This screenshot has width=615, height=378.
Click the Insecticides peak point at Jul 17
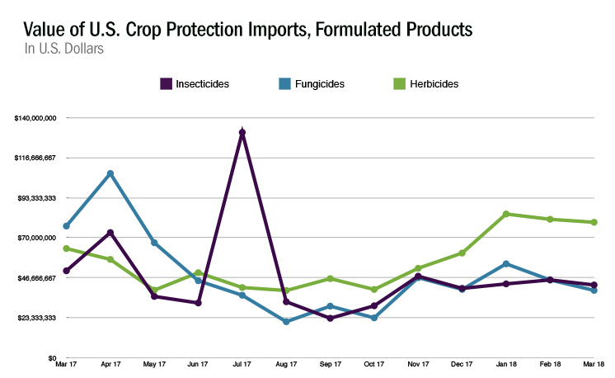coord(242,132)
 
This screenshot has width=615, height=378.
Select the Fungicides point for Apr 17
coord(110,173)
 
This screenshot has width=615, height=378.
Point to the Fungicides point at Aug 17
coord(286,321)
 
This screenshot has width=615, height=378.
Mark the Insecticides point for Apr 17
coord(110,233)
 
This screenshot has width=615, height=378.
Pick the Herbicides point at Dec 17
coord(462,253)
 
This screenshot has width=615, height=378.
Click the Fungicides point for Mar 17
coord(66,226)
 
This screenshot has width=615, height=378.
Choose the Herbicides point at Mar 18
coord(594,222)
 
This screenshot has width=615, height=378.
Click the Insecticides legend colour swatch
coord(165,83)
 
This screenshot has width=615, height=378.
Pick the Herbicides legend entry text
coord(435,83)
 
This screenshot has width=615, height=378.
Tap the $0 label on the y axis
coord(50,358)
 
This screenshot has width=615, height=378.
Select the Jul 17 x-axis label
coord(242,365)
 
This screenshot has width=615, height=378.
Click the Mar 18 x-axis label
coord(594,365)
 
